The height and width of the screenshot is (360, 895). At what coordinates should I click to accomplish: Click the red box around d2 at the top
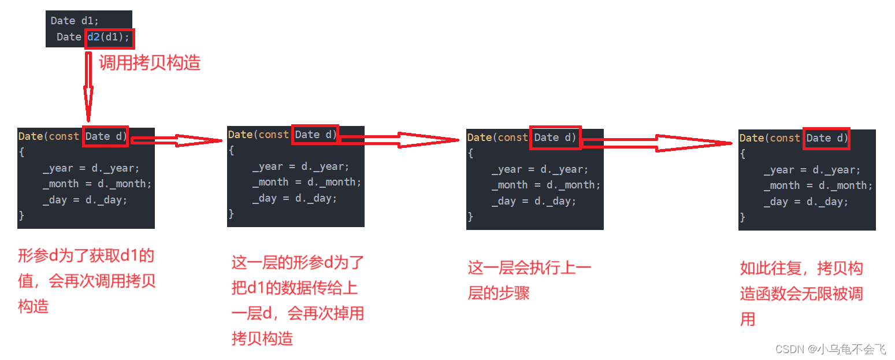[x=110, y=38]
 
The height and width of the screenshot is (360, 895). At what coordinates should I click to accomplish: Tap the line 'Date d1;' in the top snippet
[x=75, y=21]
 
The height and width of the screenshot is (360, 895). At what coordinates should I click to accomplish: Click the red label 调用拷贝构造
[x=150, y=62]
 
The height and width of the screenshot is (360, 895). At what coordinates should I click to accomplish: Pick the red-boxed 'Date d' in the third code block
[x=555, y=138]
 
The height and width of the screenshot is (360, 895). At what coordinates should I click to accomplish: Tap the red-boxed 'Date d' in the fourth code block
[x=827, y=138]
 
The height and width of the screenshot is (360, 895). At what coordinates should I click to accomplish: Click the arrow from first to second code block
[x=177, y=139]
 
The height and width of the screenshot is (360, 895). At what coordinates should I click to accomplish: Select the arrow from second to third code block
[x=399, y=139]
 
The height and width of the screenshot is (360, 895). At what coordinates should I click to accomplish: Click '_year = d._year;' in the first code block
[x=91, y=168]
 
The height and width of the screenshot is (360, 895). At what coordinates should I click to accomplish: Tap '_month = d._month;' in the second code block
[x=306, y=182]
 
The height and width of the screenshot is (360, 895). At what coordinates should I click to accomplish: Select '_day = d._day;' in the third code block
[x=533, y=201]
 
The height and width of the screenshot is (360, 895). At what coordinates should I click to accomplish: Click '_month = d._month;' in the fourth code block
[x=818, y=185]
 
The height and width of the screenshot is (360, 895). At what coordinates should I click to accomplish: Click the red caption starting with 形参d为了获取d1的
[x=87, y=281]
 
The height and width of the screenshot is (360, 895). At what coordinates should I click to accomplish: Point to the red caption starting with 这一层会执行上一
[x=529, y=281]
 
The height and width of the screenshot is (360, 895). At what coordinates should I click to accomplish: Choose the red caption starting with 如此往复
[x=801, y=294]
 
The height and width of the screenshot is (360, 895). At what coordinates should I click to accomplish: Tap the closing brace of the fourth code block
[x=742, y=218]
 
